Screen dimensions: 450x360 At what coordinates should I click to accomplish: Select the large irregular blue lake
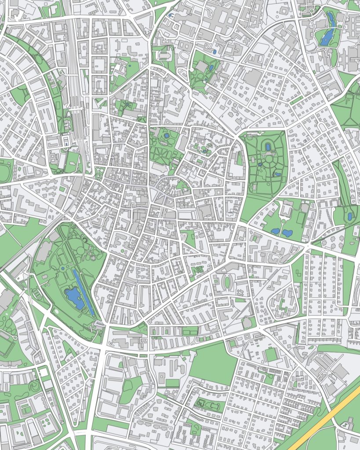[x=74, y=298]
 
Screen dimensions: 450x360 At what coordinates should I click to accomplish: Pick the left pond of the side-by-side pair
[x=276, y=231]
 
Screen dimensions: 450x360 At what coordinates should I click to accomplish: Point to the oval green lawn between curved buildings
[x=227, y=282]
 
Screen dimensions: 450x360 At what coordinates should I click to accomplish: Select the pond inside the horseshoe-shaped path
[x=268, y=147]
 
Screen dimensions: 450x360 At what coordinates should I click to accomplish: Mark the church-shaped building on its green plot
[x=163, y=55]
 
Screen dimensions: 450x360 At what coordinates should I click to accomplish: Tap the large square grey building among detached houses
[x=252, y=78]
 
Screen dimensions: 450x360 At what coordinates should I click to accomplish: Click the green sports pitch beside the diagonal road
[x=271, y=354]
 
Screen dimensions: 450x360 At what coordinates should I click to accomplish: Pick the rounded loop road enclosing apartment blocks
[x=281, y=303]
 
